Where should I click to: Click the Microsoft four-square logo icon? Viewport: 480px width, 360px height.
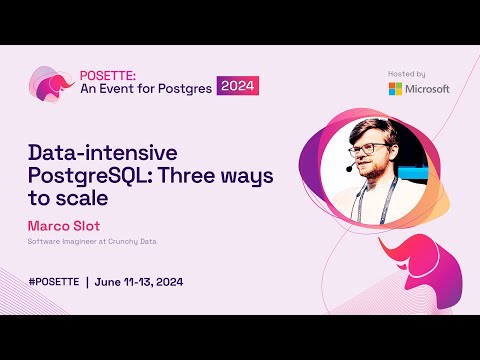(396, 88)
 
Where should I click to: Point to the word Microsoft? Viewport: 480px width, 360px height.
(428, 88)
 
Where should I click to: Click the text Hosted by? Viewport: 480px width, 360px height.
(406, 73)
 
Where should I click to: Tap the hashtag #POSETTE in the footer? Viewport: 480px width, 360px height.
(54, 281)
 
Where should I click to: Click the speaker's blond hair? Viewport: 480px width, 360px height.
(369, 130)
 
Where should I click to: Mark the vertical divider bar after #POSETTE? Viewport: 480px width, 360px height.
(87, 281)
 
